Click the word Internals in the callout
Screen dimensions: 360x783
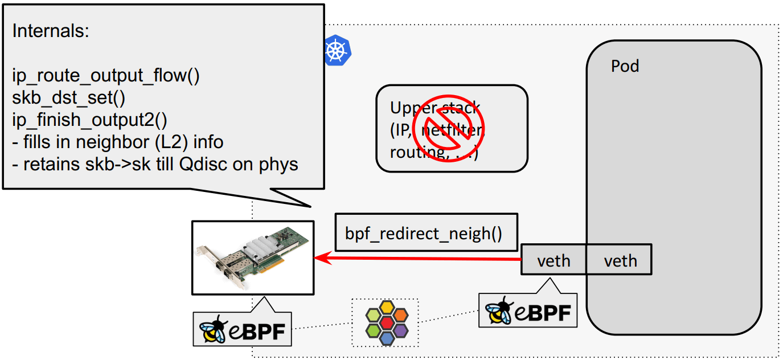coord(50,31)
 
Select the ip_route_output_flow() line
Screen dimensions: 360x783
coord(106,76)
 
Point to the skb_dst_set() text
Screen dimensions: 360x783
coord(68,97)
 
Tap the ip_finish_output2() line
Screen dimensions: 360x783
coord(90,120)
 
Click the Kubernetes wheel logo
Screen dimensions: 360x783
coord(336,51)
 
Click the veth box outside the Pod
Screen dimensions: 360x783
coord(554,260)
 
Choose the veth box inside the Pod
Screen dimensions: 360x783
coord(620,260)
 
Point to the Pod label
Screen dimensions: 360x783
coord(625,66)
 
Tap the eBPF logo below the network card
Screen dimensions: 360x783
coord(242,329)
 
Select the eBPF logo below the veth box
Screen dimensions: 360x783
coord(527,310)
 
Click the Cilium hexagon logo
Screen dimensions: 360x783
coord(386,322)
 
